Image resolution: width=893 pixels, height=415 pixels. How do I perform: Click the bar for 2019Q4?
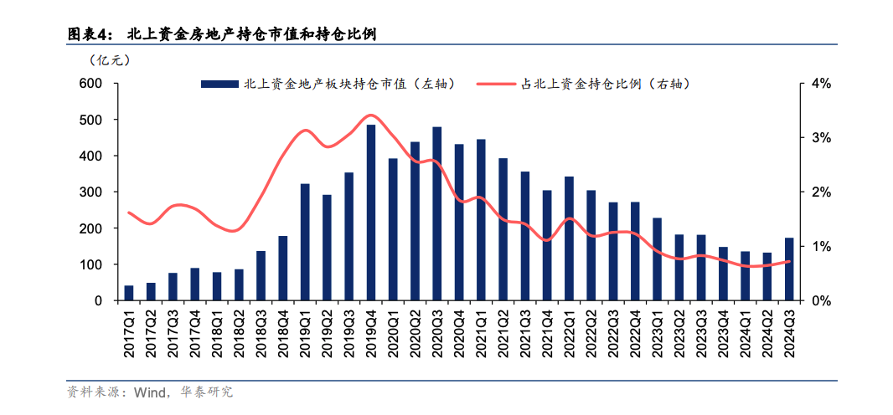coord(371,213)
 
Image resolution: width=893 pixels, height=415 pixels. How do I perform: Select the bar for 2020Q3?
coord(437,214)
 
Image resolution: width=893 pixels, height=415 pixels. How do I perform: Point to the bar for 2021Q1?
coord(481,220)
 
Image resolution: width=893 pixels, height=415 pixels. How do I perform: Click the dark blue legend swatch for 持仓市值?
coord(219,85)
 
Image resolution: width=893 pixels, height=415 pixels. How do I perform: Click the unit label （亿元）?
coord(109,60)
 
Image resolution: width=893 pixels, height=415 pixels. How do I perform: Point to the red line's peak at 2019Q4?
coord(371,115)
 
